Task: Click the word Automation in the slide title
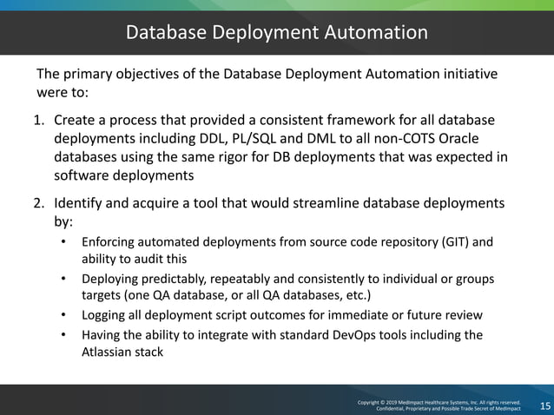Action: (x=373, y=33)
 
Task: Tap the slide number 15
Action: (x=544, y=406)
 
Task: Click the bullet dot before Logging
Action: (x=64, y=315)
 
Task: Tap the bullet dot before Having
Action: (x=64, y=335)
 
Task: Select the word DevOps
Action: (x=368, y=335)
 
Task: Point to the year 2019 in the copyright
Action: (x=393, y=403)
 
